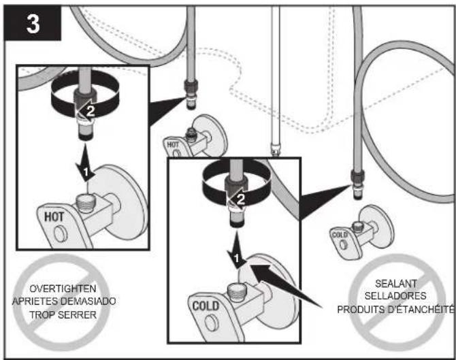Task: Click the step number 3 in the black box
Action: pyautogui.click(x=33, y=24)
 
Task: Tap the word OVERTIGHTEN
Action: pyautogui.click(x=63, y=289)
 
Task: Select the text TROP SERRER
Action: pyautogui.click(x=63, y=314)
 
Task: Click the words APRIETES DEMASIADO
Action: pyautogui.click(x=64, y=301)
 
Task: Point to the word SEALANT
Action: pyautogui.click(x=396, y=284)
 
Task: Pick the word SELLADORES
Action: pyautogui.click(x=395, y=296)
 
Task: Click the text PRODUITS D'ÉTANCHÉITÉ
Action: pyautogui.click(x=395, y=309)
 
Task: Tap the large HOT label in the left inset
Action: pyautogui.click(x=54, y=216)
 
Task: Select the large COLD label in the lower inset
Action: pyautogui.click(x=206, y=306)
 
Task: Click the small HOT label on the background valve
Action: pyautogui.click(x=173, y=144)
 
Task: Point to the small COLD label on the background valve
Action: pyautogui.click(x=340, y=235)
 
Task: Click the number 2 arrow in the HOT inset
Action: pyautogui.click(x=86, y=110)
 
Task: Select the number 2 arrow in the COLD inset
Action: pyautogui.click(x=237, y=199)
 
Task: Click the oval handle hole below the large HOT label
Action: pyautogui.click(x=61, y=234)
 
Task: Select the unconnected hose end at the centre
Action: pyautogui.click(x=275, y=148)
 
